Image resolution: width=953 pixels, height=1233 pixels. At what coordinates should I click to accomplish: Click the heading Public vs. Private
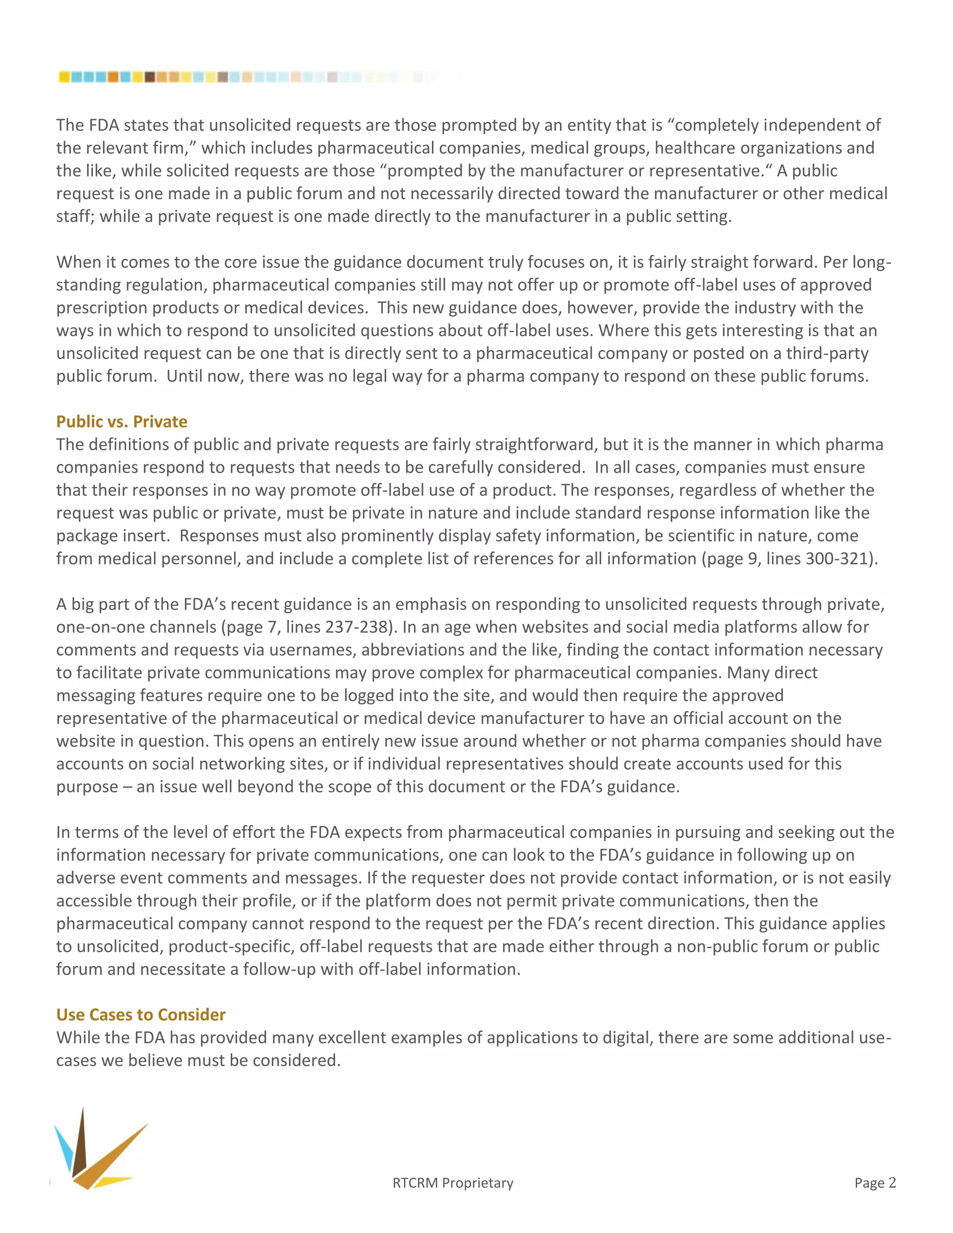[x=121, y=422]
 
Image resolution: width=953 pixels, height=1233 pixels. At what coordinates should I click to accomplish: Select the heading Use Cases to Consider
[x=141, y=1014]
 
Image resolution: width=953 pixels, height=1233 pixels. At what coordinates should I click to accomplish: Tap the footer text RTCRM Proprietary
[x=453, y=1183]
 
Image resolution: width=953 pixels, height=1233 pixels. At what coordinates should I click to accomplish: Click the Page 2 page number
[x=874, y=1182]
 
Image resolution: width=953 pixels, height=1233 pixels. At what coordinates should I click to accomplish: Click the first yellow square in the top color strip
[x=64, y=77]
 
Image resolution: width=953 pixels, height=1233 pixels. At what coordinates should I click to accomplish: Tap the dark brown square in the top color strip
[x=150, y=77]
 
